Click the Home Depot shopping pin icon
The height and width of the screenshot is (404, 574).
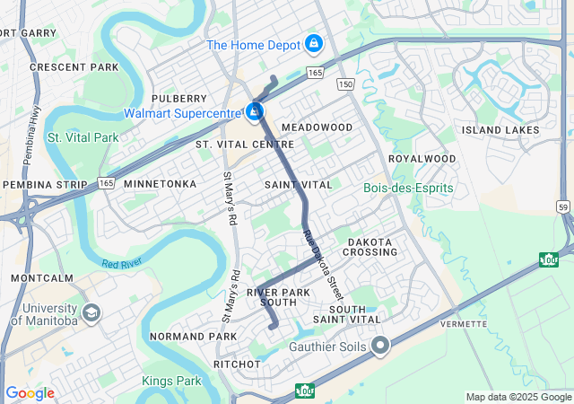(x=313, y=43)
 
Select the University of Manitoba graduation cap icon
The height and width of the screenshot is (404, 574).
(x=91, y=312)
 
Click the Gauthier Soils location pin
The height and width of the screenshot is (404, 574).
(x=381, y=345)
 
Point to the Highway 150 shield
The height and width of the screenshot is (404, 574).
(x=346, y=83)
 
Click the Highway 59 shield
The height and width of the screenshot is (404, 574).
(x=563, y=206)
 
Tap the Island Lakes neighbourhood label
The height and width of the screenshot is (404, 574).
(x=500, y=130)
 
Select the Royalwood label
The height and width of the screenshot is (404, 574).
(x=422, y=159)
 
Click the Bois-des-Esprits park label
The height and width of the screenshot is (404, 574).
(x=409, y=189)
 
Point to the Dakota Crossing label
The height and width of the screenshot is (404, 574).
(x=370, y=247)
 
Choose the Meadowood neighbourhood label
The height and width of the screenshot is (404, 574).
(x=317, y=127)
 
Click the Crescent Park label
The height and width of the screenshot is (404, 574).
(x=74, y=67)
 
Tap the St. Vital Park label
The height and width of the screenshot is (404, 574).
(x=83, y=137)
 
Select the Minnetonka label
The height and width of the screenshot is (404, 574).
(x=160, y=184)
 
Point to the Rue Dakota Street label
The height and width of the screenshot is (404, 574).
(x=323, y=265)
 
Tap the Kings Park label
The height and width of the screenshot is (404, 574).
(x=172, y=381)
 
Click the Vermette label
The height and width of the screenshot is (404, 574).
(x=464, y=323)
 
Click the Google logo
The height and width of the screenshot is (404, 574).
(x=30, y=393)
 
